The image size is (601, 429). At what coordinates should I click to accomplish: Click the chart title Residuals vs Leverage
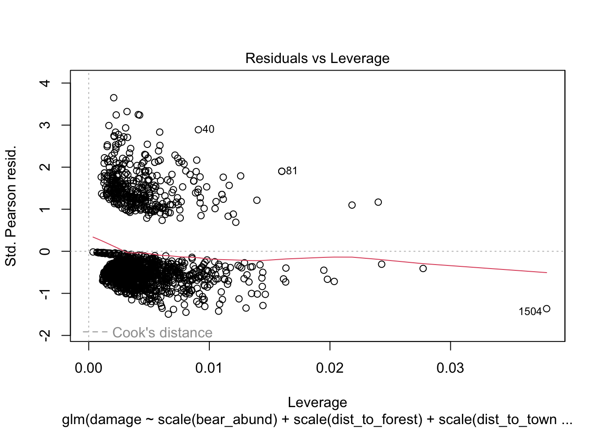point(317,59)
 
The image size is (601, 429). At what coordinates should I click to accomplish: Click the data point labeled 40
point(199,130)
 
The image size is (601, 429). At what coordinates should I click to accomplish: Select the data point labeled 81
point(282,171)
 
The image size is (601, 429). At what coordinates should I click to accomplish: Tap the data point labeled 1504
point(546,309)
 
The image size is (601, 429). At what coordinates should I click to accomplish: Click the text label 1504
point(530,312)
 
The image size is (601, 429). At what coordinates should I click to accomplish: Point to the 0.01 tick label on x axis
point(209,368)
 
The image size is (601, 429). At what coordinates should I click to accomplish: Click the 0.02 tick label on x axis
point(330,368)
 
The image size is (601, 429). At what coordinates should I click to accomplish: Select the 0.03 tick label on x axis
point(450,368)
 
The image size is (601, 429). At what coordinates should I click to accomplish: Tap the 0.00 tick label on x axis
point(89,368)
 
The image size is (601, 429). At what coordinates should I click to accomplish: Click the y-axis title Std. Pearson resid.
point(11,206)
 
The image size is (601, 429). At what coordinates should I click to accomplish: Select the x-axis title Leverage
point(317,403)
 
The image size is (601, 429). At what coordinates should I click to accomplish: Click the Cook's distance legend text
point(162,332)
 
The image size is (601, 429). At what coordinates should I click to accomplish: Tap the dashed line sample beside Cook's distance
point(95,332)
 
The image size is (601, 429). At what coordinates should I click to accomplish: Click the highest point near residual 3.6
point(114,97)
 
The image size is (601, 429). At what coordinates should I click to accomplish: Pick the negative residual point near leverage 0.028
point(423,269)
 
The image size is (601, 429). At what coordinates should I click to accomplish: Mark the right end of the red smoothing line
point(546,273)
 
